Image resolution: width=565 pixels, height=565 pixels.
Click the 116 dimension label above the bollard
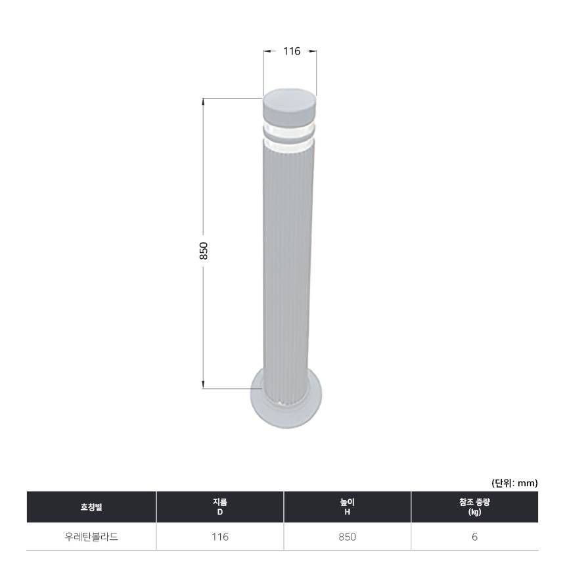click(x=292, y=51)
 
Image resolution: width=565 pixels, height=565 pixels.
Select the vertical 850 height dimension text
click(x=204, y=251)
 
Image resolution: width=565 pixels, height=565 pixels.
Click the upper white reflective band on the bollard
click(x=289, y=129)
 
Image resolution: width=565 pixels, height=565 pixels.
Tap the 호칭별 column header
click(x=91, y=507)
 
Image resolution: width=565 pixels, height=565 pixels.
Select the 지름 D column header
click(x=220, y=507)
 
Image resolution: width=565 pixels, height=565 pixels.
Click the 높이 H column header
click(x=348, y=507)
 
